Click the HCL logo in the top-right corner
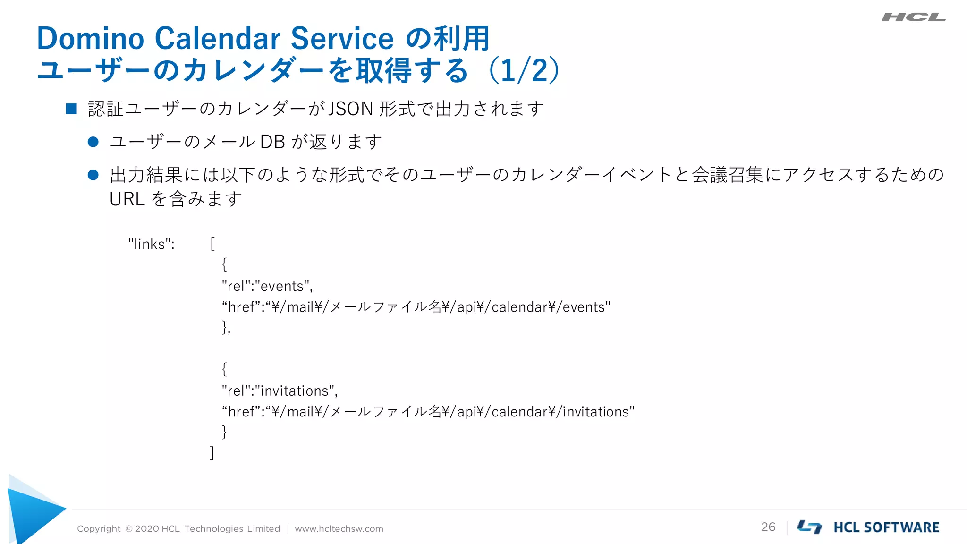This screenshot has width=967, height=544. (913, 17)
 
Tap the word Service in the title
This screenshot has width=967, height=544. (342, 38)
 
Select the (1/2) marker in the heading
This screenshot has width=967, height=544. (524, 71)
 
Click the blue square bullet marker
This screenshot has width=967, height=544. (71, 109)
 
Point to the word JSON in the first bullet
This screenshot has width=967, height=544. (350, 109)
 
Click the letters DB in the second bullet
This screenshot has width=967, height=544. (272, 142)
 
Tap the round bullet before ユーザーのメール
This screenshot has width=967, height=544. (93, 142)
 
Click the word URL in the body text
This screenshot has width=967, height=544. (127, 199)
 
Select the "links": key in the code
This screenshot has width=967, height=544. (151, 244)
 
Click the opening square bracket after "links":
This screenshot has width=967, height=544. (212, 244)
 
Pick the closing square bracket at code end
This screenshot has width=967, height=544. (212, 452)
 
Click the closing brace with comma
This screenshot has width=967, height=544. (226, 327)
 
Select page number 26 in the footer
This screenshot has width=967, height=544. (768, 527)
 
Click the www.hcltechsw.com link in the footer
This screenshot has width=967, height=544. (339, 529)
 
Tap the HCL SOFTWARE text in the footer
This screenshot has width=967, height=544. (886, 527)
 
